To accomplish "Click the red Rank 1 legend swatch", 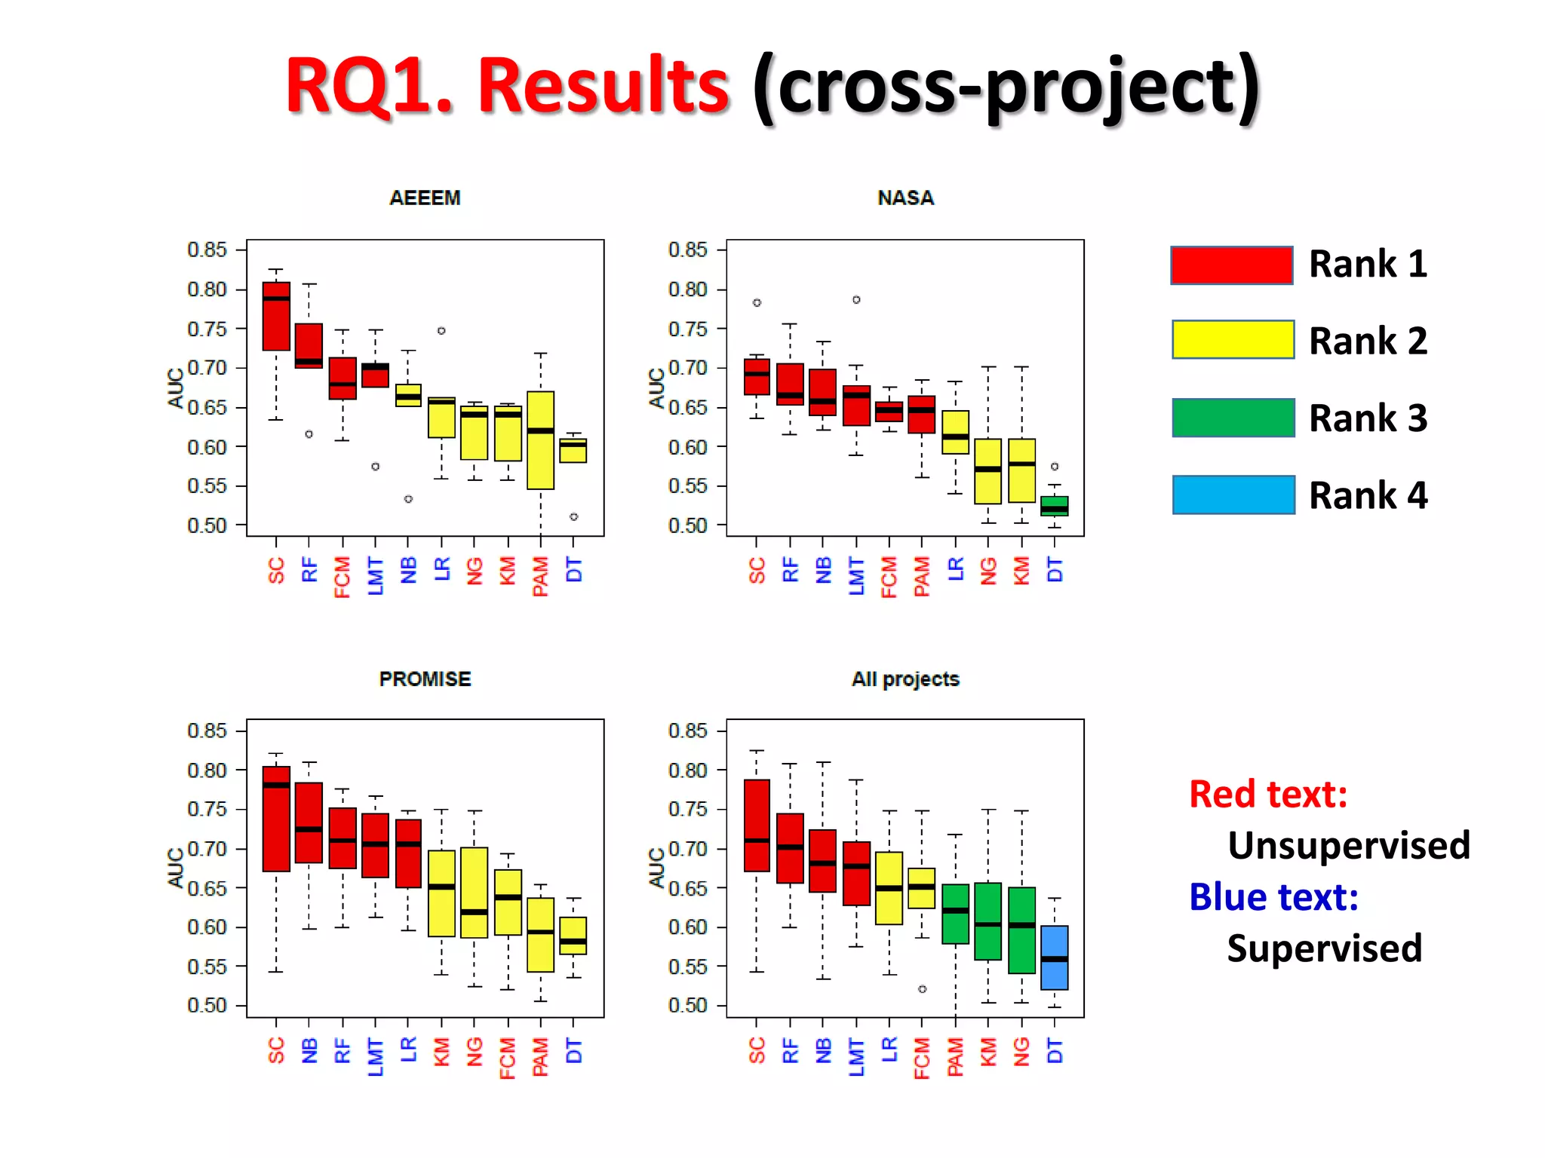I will coord(1231,265).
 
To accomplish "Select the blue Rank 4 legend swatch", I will coord(1233,495).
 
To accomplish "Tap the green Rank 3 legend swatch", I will coord(1233,418).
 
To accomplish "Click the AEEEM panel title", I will coord(425,198).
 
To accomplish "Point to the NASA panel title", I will coord(905,198).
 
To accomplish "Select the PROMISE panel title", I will coord(425,679).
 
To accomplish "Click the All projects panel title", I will coord(905,679).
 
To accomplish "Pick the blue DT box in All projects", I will coord(1054,957).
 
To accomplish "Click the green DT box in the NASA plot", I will coord(1054,505).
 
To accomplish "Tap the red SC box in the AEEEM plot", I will coord(276,317).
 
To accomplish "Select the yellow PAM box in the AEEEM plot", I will coord(540,440).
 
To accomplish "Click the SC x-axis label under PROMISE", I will coord(276,1050).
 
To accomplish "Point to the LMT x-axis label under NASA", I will coord(856,576).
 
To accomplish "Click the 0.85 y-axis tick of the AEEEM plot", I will coord(207,250).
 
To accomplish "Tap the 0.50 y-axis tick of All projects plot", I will coord(687,1005).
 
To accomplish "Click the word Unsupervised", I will coord(1348,845).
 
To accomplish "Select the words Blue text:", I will coord(1273,897).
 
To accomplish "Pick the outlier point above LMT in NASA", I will coord(856,300).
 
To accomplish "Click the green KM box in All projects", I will coord(988,921).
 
